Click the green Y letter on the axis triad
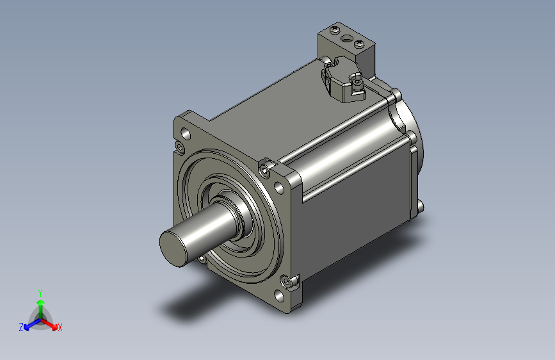click(40, 292)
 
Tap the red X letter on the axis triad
click(60, 327)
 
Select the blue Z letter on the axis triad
click(21, 327)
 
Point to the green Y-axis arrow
click(40, 304)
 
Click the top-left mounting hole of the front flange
click(186, 135)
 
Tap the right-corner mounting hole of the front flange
click(279, 188)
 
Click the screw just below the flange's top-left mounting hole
click(179, 149)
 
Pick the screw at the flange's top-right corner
click(265, 169)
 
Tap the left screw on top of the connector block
click(333, 29)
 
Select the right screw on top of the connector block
click(359, 44)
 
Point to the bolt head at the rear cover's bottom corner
click(420, 206)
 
